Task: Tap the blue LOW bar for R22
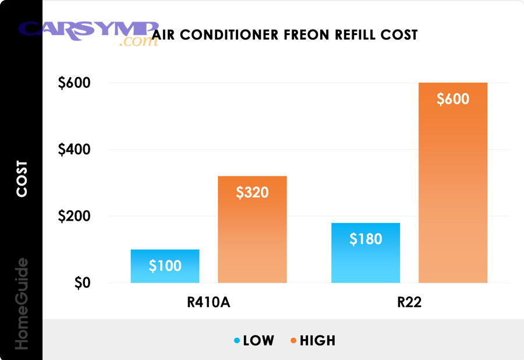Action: pyautogui.click(x=366, y=262)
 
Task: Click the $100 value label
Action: pyautogui.click(x=165, y=267)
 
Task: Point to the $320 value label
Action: pyautogui.click(x=252, y=192)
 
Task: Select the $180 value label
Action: pyautogui.click(x=366, y=239)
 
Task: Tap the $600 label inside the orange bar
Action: pyautogui.click(x=453, y=99)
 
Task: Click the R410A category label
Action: pyautogui.click(x=208, y=303)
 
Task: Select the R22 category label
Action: pyautogui.click(x=409, y=303)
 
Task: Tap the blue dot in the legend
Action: pyautogui.click(x=236, y=341)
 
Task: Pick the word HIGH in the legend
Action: pyautogui.click(x=318, y=341)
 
